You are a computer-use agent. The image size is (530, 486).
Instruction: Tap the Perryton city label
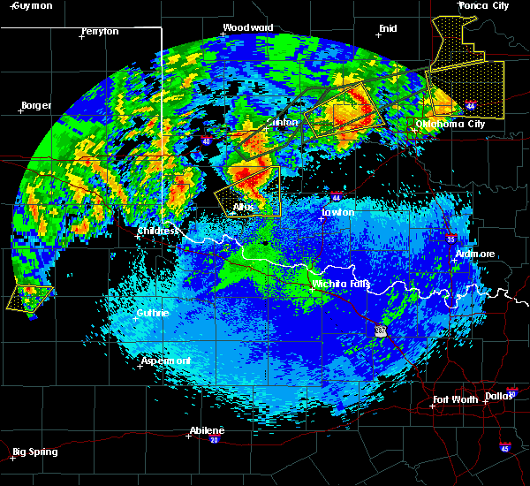[99, 31]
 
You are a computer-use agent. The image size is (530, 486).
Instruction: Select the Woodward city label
[247, 27]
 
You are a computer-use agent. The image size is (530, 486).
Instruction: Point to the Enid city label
[388, 28]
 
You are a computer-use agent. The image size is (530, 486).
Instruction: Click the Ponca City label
[484, 5]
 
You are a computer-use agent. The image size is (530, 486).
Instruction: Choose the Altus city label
[243, 207]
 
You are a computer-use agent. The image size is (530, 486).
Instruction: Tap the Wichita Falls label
[341, 285]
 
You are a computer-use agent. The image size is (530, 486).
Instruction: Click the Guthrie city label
[153, 313]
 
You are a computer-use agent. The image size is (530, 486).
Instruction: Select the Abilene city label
[208, 430]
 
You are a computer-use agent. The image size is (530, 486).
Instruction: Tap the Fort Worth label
[458, 399]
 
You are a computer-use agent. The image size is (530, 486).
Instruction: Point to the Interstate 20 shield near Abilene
[215, 439]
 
